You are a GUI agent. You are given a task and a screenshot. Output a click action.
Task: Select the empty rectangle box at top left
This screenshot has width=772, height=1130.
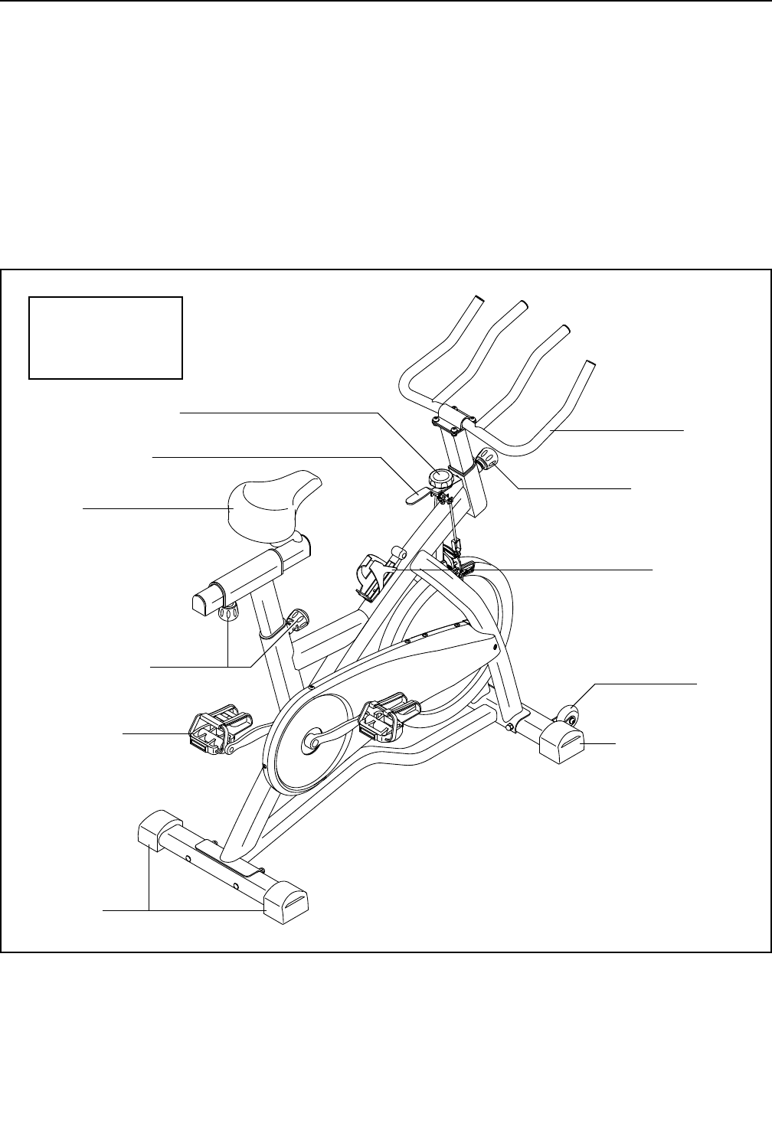tap(106, 338)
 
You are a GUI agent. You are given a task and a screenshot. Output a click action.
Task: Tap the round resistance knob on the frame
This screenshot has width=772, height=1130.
tap(440, 479)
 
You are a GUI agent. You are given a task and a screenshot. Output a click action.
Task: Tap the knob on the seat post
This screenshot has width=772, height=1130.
tap(297, 618)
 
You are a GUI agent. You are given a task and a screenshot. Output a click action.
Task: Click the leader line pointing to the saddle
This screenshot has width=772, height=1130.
tap(153, 508)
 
